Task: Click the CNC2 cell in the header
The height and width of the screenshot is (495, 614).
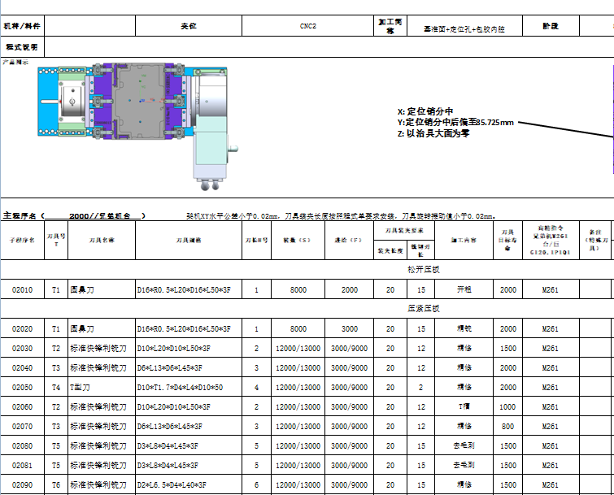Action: coord(307,26)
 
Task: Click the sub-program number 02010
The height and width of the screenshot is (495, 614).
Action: coord(23,289)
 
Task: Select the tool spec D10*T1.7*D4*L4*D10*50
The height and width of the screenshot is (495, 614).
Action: coord(180,387)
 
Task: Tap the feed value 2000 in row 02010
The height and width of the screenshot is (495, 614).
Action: coord(349,289)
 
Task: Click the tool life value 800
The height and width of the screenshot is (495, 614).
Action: coord(507,426)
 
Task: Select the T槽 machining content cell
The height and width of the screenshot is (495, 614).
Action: coord(464,406)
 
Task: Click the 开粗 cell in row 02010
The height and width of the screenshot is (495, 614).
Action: coord(464,289)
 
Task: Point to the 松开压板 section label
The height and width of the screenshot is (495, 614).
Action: coord(423,268)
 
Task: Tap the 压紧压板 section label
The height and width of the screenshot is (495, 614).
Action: coord(423,309)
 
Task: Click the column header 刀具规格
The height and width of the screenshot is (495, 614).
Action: coord(188,241)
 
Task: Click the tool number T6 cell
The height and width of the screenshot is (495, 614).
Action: coord(56,484)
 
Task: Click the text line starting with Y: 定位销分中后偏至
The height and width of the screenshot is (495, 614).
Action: coord(455,123)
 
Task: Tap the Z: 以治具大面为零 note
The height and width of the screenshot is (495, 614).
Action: coord(433,133)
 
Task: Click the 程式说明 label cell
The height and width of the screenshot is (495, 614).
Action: coord(22,47)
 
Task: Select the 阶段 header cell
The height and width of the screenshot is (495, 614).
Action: coord(551,26)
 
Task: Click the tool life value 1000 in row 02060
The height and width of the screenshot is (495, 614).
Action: coord(507,406)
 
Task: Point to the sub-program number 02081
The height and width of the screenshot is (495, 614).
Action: coord(23,465)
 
